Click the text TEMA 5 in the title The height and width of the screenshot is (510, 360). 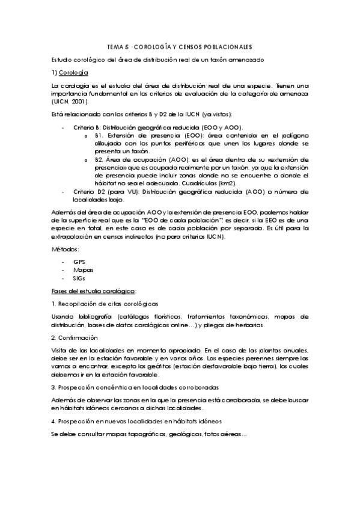(x=117, y=46)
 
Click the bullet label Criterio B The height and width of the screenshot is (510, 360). (x=87, y=127)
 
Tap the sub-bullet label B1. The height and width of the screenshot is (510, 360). (x=99, y=137)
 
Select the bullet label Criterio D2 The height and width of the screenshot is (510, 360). (x=88, y=191)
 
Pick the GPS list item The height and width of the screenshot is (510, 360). (x=79, y=262)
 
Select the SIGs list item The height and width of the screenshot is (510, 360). (x=79, y=279)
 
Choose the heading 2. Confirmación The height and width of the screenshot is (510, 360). (x=75, y=338)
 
